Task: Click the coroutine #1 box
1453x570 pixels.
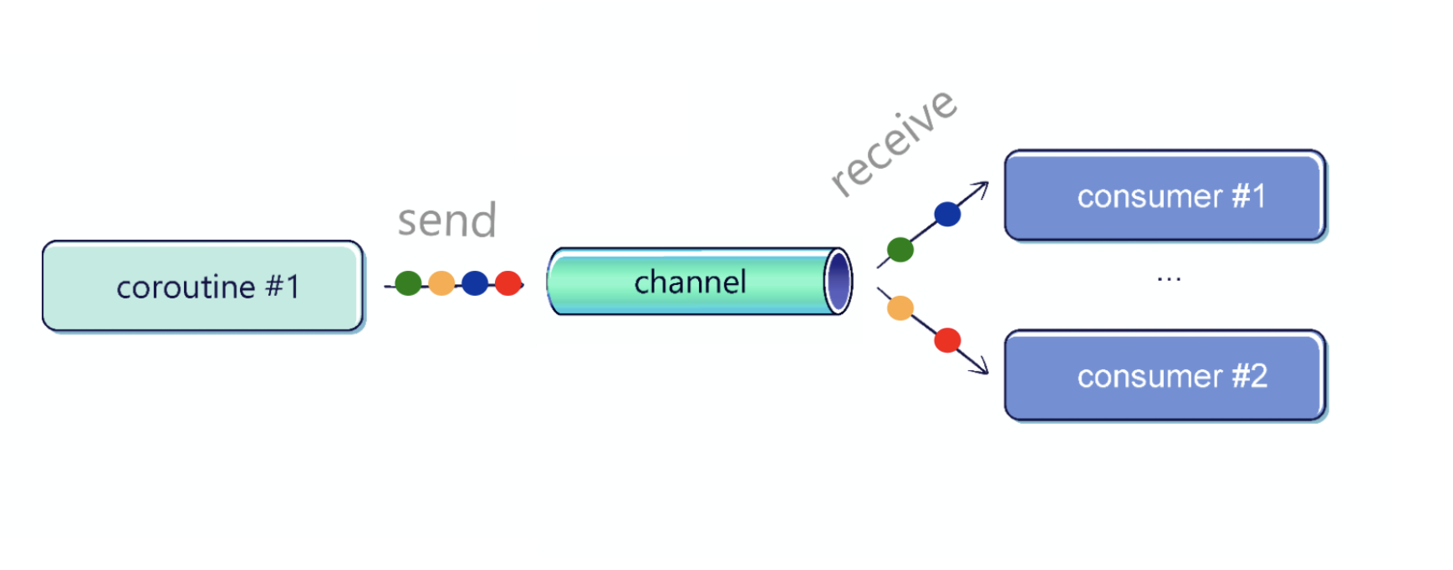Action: [203, 287]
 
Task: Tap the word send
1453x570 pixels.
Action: [447, 220]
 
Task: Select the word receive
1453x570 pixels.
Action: [894, 143]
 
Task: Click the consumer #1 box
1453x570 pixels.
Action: [1165, 196]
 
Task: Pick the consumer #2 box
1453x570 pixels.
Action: [1165, 376]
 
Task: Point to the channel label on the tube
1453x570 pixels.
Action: [690, 282]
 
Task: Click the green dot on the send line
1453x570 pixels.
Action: [408, 283]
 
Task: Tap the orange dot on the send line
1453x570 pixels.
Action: [441, 283]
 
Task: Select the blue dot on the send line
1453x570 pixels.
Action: [475, 283]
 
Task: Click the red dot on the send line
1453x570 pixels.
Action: [508, 283]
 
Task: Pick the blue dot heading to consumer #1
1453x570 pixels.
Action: [947, 214]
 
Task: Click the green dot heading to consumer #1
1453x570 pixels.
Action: [900, 249]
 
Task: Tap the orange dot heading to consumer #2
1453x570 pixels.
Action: [900, 308]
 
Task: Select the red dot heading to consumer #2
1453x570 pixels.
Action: [947, 340]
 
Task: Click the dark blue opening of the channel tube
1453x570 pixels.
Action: [839, 282]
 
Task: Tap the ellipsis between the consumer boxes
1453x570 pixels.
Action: [1169, 279]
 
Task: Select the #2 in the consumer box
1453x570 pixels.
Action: [1250, 376]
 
